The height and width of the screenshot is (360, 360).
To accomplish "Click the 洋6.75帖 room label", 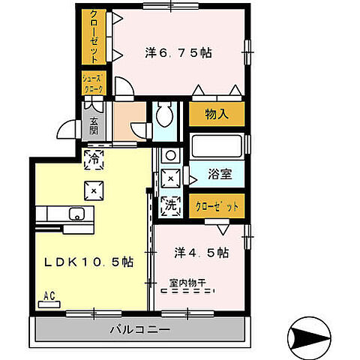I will click(178, 53).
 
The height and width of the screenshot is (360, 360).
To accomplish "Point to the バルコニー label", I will click(139, 328).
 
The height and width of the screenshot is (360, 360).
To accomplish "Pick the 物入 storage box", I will click(215, 115).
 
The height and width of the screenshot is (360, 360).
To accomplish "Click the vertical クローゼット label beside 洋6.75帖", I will click(94, 35).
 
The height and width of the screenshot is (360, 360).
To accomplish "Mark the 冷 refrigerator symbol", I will click(94, 158).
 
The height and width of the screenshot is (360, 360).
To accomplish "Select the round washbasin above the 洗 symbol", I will click(169, 157).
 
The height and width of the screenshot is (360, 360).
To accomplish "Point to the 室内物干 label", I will click(188, 283).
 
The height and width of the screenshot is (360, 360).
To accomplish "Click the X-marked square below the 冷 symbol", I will click(94, 190).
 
